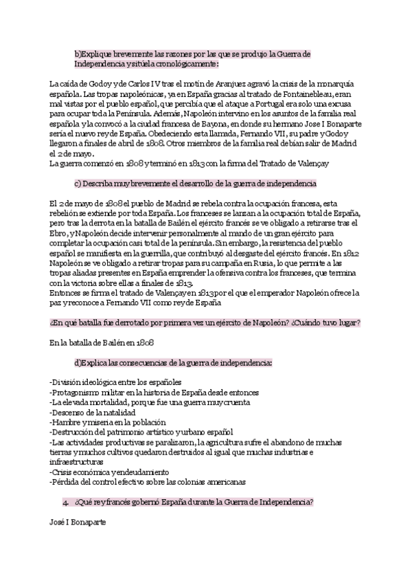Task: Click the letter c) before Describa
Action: [x=78, y=184]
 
